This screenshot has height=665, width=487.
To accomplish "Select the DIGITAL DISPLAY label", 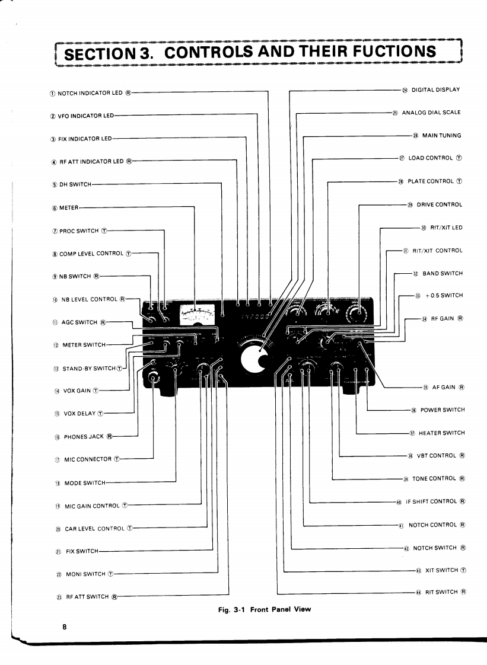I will [436, 90].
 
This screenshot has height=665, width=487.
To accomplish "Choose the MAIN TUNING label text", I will [441, 136].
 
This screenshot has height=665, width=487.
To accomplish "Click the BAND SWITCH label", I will [442, 273].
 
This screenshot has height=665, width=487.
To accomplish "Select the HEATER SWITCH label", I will [441, 433].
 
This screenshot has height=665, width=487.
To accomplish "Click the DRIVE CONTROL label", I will [439, 204].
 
